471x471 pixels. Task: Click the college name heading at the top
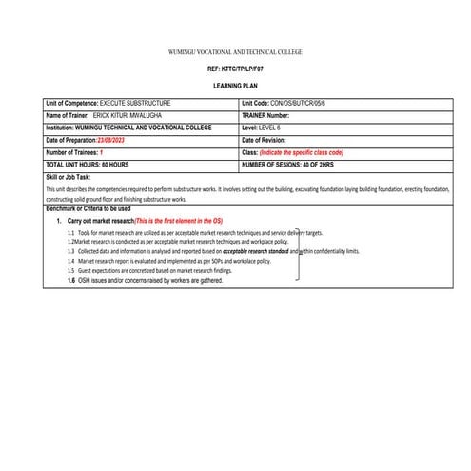tap(234, 51)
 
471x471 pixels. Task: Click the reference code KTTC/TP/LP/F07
tap(234, 71)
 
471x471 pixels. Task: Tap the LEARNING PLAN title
tap(234, 87)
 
